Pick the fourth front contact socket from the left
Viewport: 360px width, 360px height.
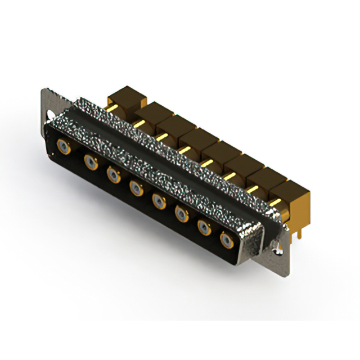[x=136, y=188]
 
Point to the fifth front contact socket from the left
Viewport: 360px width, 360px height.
[x=159, y=201]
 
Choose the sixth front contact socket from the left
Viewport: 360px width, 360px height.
[x=182, y=214]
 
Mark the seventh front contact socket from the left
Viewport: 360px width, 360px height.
[x=204, y=227]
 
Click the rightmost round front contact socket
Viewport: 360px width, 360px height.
[x=227, y=240]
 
